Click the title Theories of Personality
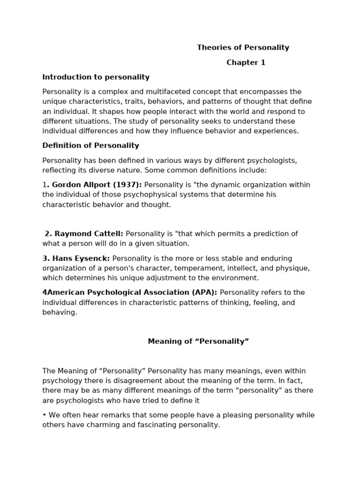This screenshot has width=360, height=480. pos(243,47)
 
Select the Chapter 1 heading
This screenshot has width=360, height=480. pos(246,62)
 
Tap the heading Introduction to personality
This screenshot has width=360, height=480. pos(96,77)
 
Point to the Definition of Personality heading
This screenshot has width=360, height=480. pos(90,145)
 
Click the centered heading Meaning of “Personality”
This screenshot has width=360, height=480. pos(198,341)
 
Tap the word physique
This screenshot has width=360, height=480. pos(294,268)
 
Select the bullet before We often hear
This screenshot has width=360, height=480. pos(44,415)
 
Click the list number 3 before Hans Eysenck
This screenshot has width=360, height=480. pos(45,258)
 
